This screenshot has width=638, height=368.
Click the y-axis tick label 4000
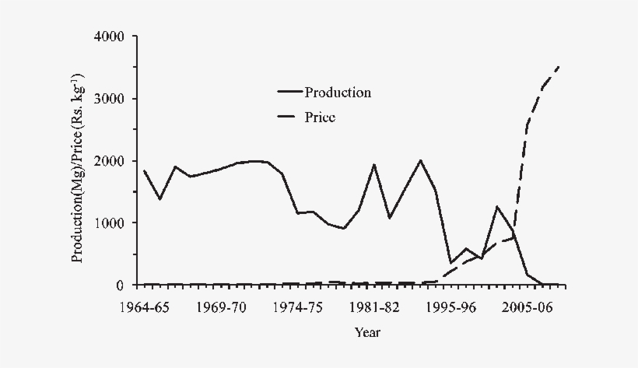pyautogui.click(x=109, y=37)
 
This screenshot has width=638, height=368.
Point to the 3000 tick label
pyautogui.click(x=109, y=99)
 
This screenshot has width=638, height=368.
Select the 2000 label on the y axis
pyautogui.click(x=109, y=161)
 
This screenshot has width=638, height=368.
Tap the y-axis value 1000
pyautogui.click(x=109, y=223)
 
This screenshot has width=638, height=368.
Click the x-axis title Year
pyautogui.click(x=367, y=333)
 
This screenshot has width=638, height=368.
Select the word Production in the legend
pyautogui.click(x=338, y=93)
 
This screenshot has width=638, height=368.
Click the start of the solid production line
pyautogui.click(x=144, y=170)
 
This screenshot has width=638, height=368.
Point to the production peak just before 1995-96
pyautogui.click(x=420, y=160)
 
